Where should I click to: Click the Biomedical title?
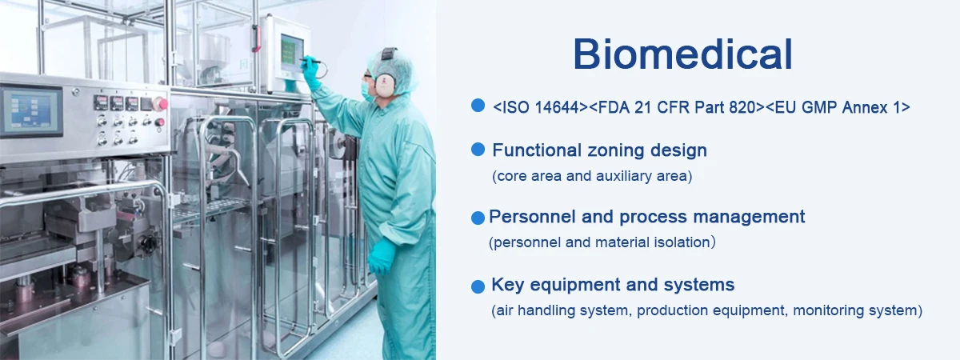pyautogui.click(x=682, y=54)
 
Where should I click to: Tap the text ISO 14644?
pyautogui.click(x=541, y=107)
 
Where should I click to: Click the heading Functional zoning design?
pyautogui.click(x=599, y=150)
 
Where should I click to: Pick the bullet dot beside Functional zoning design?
pyautogui.click(x=478, y=149)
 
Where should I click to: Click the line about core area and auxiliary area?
pyautogui.click(x=592, y=176)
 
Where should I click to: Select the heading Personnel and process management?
pyautogui.click(x=646, y=217)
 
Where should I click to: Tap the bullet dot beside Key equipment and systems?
pyautogui.click(x=478, y=286)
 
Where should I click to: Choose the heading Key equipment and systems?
pyautogui.click(x=613, y=285)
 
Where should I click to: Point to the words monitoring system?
pyautogui.click(x=854, y=310)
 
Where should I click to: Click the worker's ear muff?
pyautogui.click(x=386, y=84)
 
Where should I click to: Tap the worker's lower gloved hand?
pyautogui.click(x=381, y=256)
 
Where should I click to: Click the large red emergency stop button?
pyautogui.click(x=162, y=104)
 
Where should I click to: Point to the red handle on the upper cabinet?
pyautogui.click(x=256, y=38)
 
